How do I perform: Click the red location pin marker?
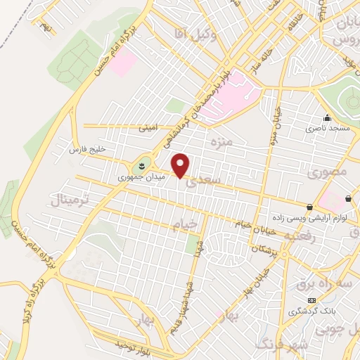[x=181, y=166]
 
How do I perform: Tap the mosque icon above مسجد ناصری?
[x=327, y=118]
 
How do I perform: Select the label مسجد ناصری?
[x=323, y=129]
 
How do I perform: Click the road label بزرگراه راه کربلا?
[x=31, y=288]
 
